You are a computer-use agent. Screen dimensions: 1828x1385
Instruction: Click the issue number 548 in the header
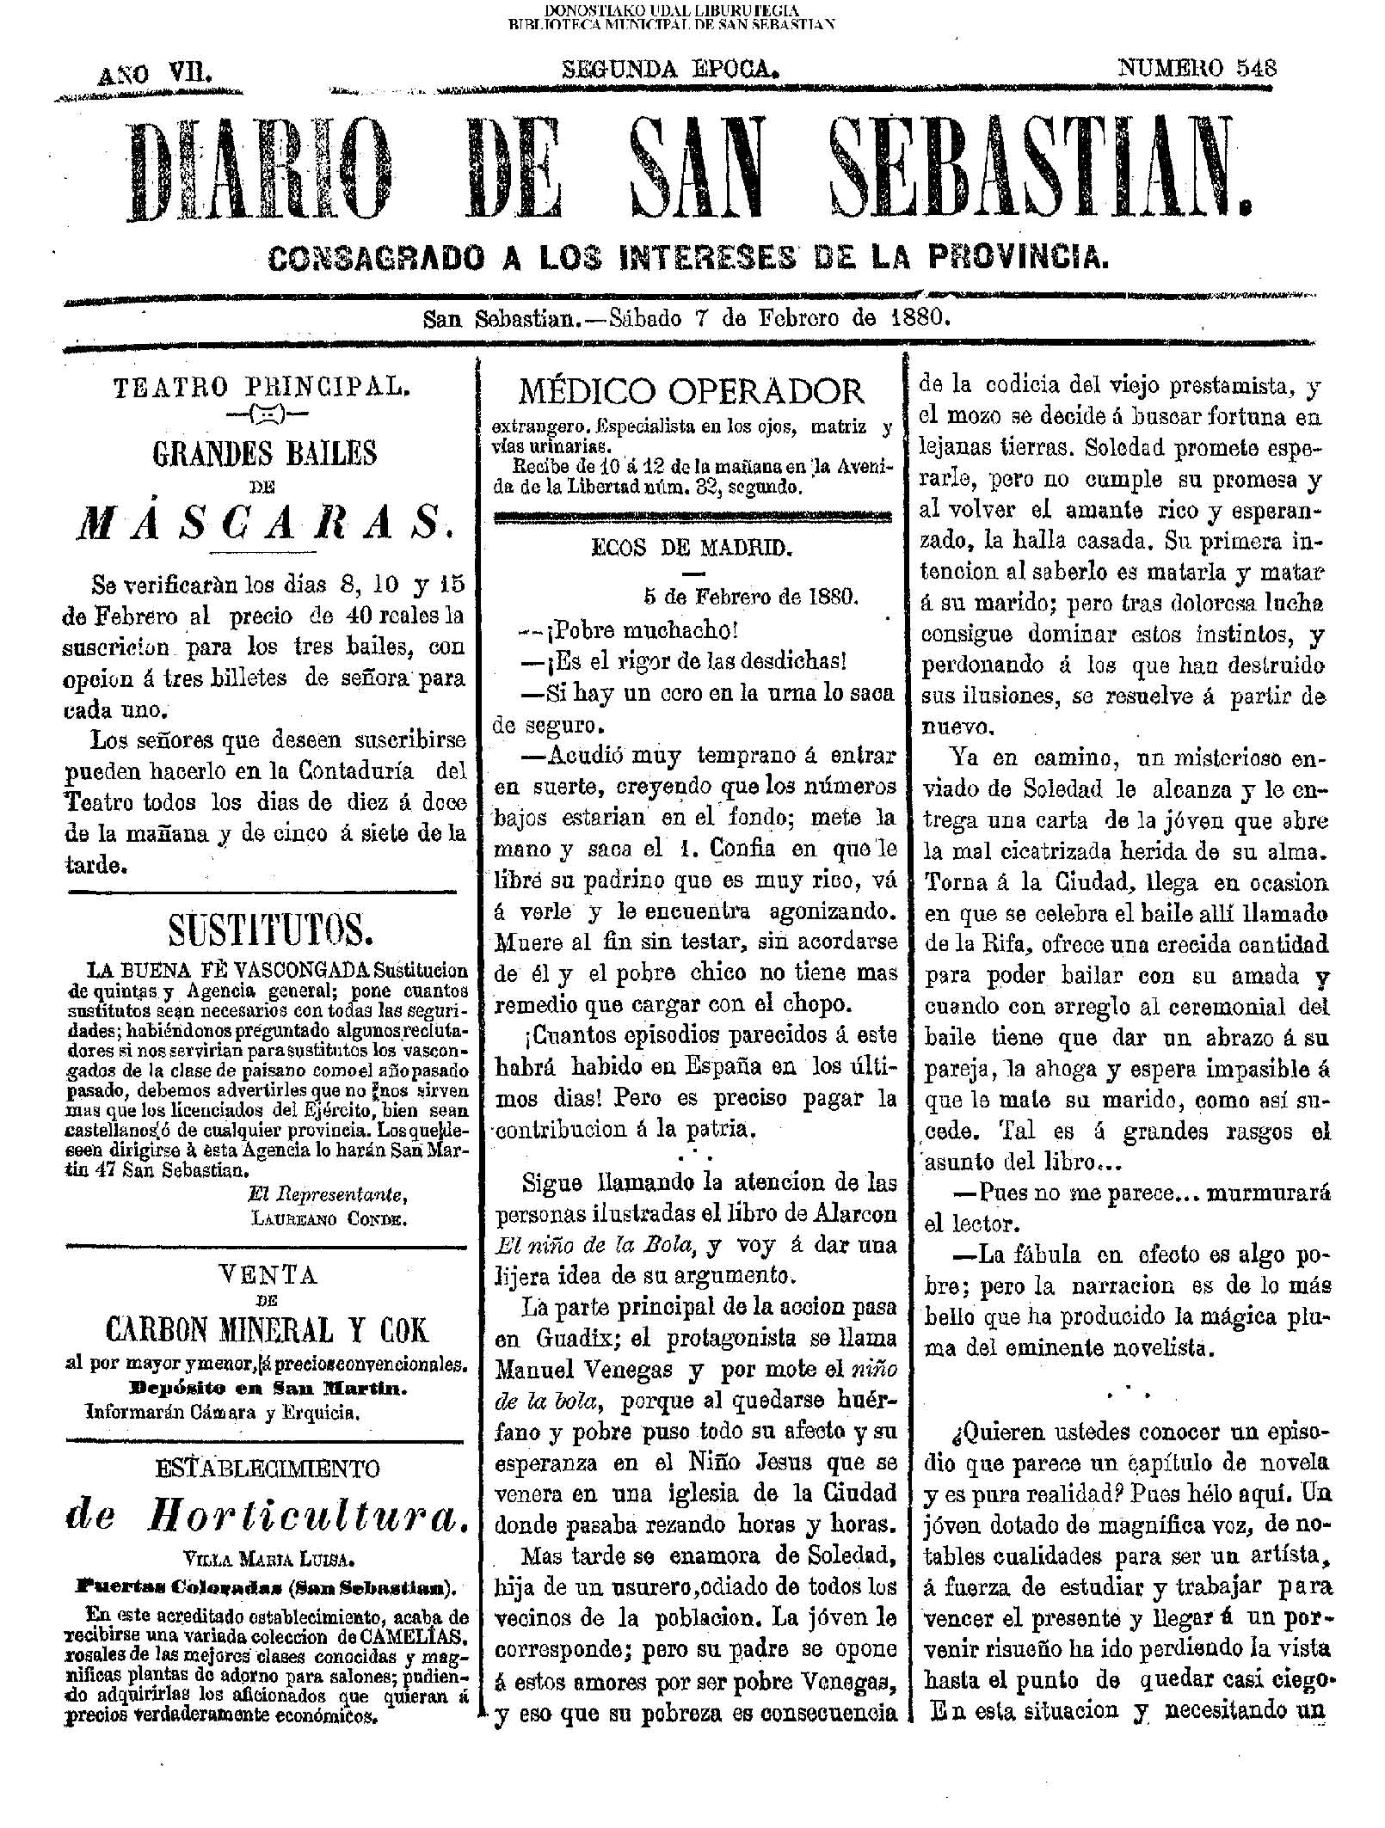[1256, 68]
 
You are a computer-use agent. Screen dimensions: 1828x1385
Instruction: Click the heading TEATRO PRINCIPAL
[262, 387]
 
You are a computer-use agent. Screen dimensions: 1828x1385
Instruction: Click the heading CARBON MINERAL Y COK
[267, 1331]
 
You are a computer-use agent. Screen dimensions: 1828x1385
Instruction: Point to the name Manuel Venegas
[596, 1369]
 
